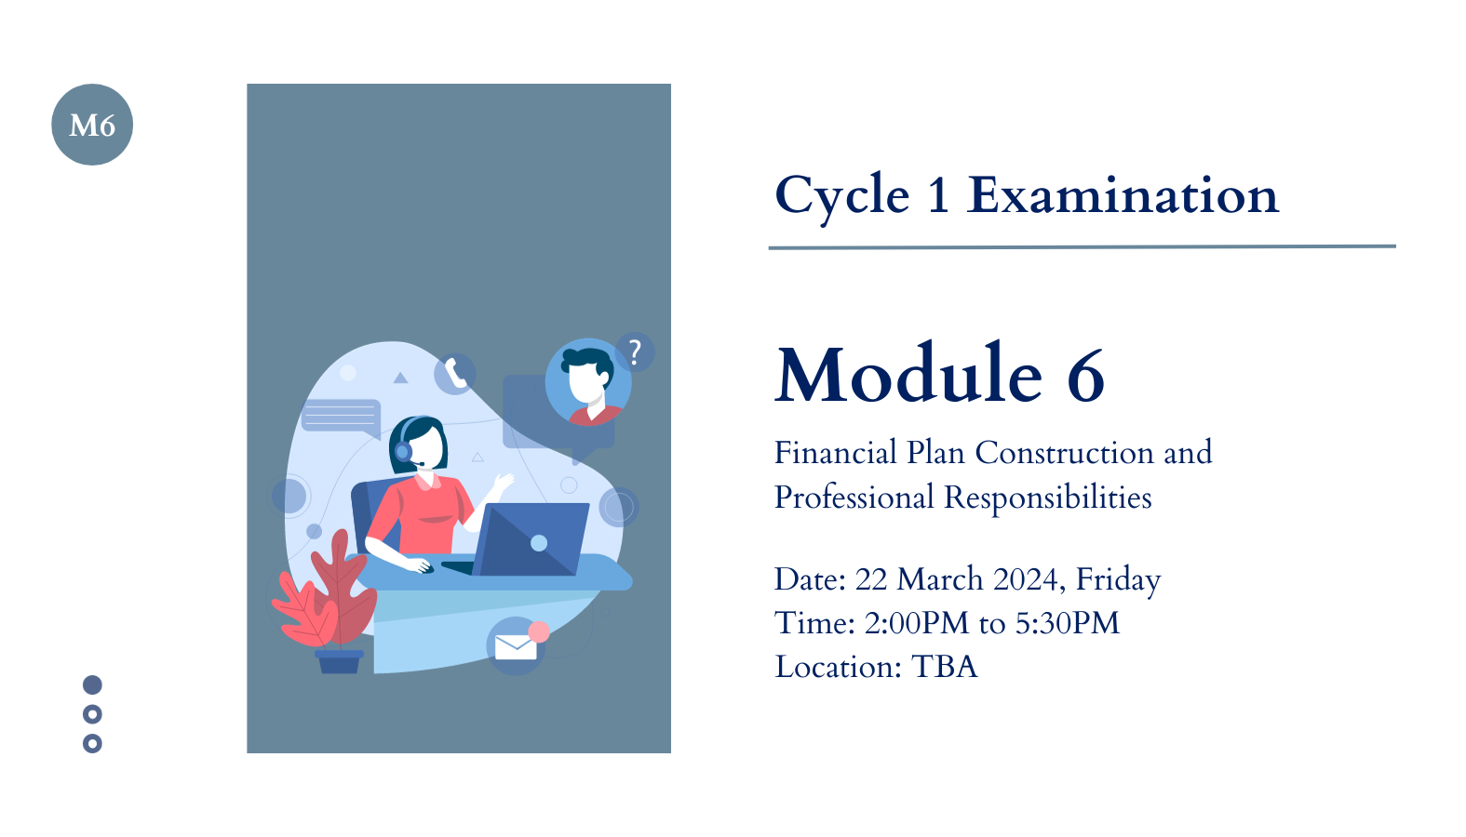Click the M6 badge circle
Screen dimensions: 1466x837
pyautogui.click(x=92, y=125)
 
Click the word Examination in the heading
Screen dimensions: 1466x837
pyautogui.click(x=1123, y=195)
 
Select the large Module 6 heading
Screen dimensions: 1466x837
pyautogui.click(x=940, y=374)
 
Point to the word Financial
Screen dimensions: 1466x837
pyautogui.click(x=836, y=453)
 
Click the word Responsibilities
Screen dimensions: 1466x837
pyautogui.click(x=1047, y=498)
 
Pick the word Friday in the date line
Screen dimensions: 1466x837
pyautogui.click(x=1119, y=580)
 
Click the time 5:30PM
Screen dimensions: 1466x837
pyautogui.click(x=1068, y=623)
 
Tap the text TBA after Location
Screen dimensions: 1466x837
pyautogui.click(x=945, y=667)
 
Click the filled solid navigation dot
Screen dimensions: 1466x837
pyautogui.click(x=92, y=684)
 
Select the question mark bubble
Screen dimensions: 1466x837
pyautogui.click(x=634, y=352)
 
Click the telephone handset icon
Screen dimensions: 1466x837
pyautogui.click(x=455, y=374)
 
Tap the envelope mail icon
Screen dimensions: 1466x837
pyautogui.click(x=516, y=646)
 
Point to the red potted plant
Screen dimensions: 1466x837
pyautogui.click(x=324, y=602)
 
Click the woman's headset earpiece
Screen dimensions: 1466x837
pyautogui.click(x=403, y=450)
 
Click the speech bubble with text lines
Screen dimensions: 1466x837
pyautogui.click(x=342, y=418)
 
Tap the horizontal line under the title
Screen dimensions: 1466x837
pyautogui.click(x=1083, y=247)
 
